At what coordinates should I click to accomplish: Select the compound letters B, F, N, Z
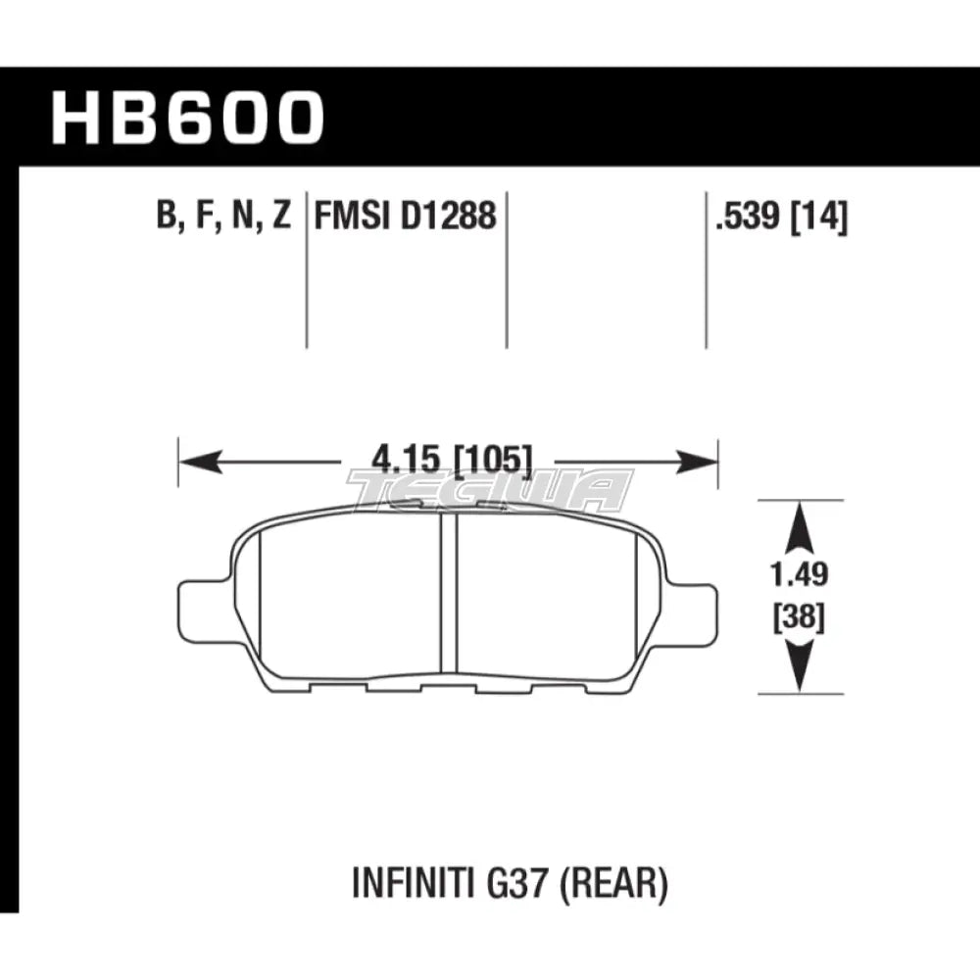tap(222, 214)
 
